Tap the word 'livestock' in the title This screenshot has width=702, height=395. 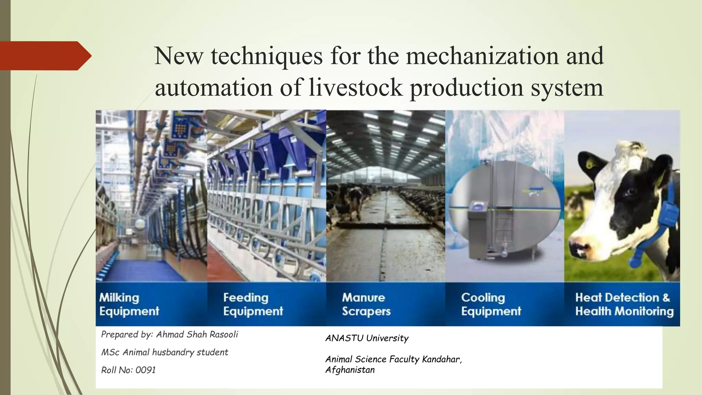tap(355, 87)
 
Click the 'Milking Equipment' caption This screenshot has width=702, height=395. tap(129, 304)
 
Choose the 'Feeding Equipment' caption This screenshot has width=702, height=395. tap(253, 304)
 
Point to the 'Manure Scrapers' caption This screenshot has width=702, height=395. tap(366, 304)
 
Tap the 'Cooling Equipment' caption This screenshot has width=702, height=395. tap(491, 304)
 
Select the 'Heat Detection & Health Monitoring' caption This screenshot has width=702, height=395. tap(624, 304)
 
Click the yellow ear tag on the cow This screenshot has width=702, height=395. tap(591, 163)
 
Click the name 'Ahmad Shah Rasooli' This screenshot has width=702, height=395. tap(197, 334)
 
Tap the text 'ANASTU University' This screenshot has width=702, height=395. tap(367, 338)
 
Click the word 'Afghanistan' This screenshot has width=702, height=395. tap(350, 370)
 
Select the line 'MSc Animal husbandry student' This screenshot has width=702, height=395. tap(165, 352)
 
